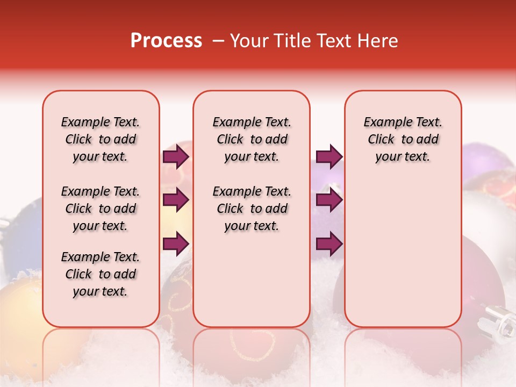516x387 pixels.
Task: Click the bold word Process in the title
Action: tap(166, 40)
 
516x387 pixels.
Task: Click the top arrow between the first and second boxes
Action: tap(176, 157)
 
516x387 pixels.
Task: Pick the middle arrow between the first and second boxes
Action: tap(176, 200)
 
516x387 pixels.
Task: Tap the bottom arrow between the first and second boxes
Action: tap(176, 243)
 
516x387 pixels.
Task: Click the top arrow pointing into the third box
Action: tap(329, 157)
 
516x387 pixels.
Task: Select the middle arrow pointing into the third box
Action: tap(329, 200)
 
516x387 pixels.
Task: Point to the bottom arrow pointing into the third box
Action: tap(329, 243)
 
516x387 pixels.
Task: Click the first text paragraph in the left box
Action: tap(101, 139)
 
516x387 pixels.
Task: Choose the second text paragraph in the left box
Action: tap(101, 209)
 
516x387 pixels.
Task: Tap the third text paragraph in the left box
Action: tap(101, 274)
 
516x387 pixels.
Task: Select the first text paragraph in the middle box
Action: tap(252, 139)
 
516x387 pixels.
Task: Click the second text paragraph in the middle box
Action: tap(252, 209)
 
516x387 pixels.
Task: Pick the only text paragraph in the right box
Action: tap(403, 139)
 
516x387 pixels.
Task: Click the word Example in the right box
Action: tap(383, 122)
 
